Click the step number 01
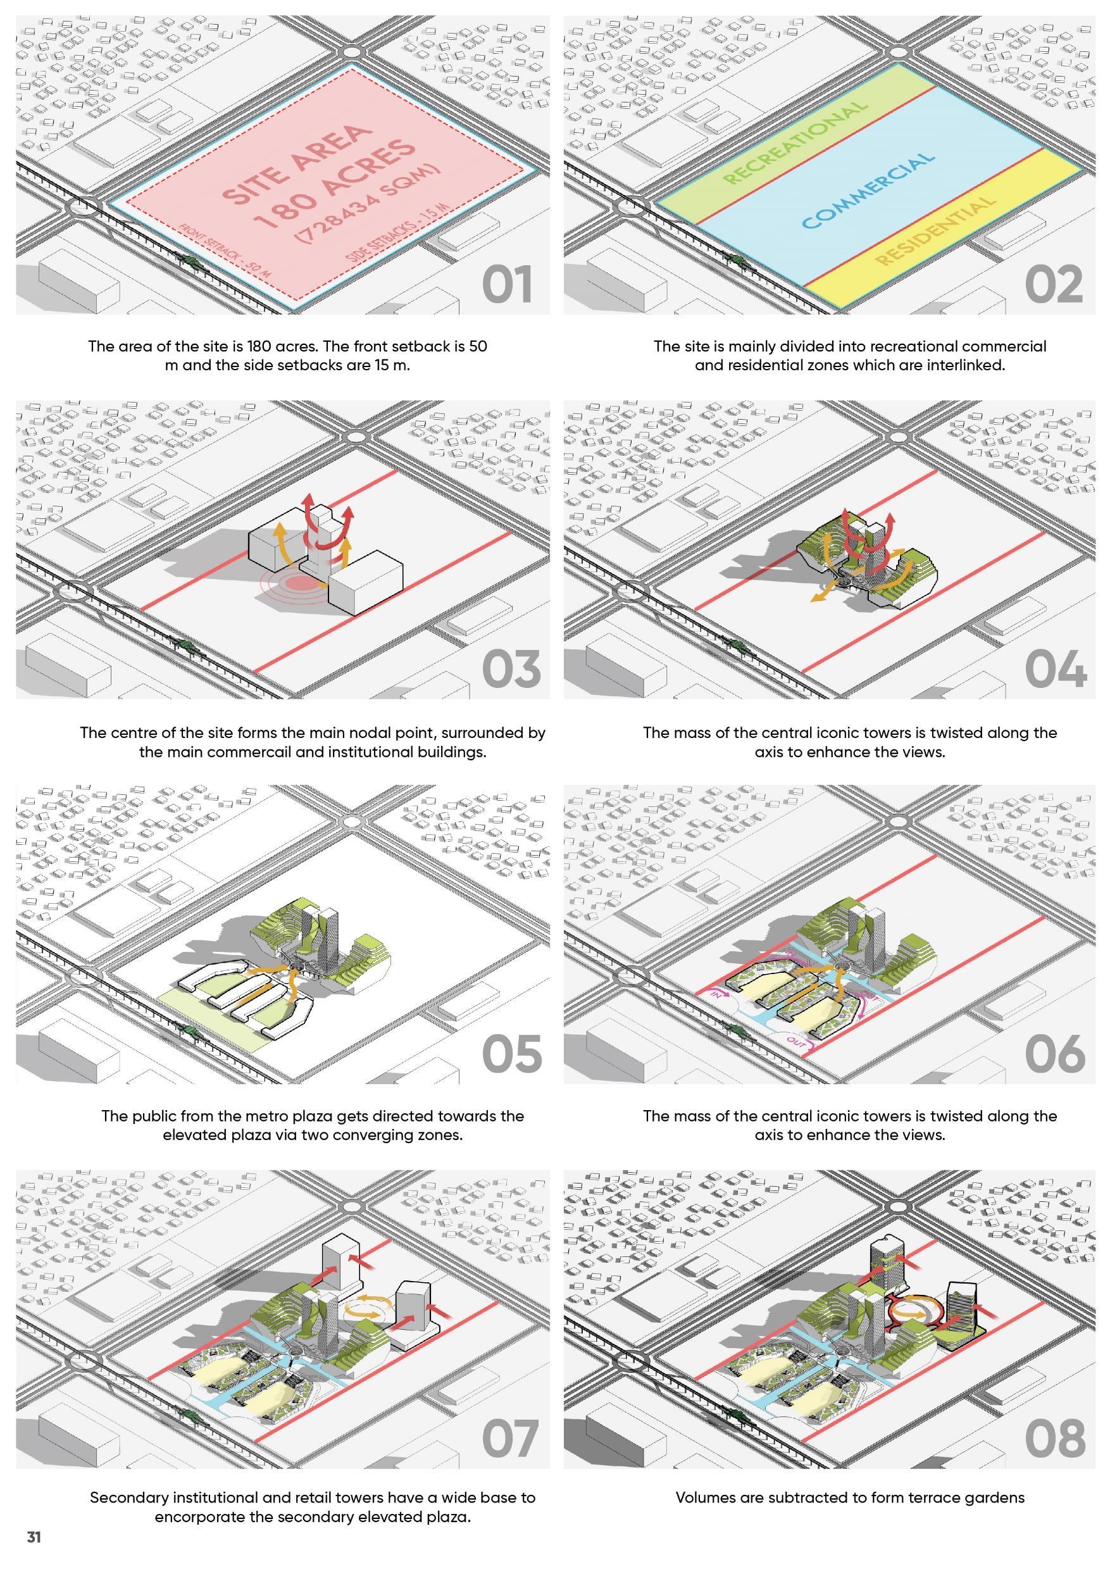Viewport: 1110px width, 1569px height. pyautogui.click(x=506, y=286)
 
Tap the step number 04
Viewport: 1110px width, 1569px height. pyautogui.click(x=1055, y=670)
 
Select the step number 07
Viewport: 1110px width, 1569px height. pyautogui.click(x=510, y=1439)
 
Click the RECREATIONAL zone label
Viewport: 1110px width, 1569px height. pyautogui.click(x=795, y=143)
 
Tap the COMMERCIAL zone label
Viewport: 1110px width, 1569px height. pyautogui.click(x=868, y=191)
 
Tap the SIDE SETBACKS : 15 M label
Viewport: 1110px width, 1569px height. pyautogui.click(x=399, y=233)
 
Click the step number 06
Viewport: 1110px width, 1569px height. pyautogui.click(x=1055, y=1054)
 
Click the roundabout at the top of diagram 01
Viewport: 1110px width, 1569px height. pyautogui.click(x=352, y=52)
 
